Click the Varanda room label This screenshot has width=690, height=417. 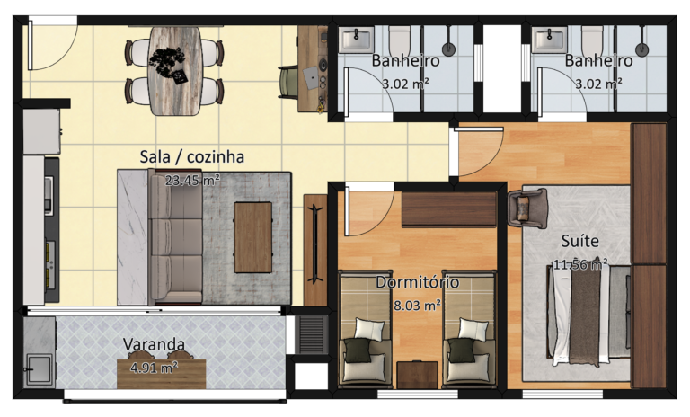[154, 344]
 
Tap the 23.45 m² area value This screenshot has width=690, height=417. [192, 180]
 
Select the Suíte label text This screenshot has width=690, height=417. [580, 241]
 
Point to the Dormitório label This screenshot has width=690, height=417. [417, 282]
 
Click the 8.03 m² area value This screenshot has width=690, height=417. [417, 306]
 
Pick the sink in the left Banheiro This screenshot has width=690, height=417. [357, 40]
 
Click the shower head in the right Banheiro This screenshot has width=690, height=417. [641, 49]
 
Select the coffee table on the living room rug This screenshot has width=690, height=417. [253, 237]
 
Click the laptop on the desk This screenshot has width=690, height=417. [311, 77]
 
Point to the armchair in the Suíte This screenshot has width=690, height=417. [527, 208]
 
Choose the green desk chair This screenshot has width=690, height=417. [288, 82]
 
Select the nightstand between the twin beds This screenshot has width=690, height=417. [417, 375]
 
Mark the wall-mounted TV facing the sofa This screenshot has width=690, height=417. [315, 244]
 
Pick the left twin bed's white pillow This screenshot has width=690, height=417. [369, 330]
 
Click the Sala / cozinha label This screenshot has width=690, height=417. [192, 156]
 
